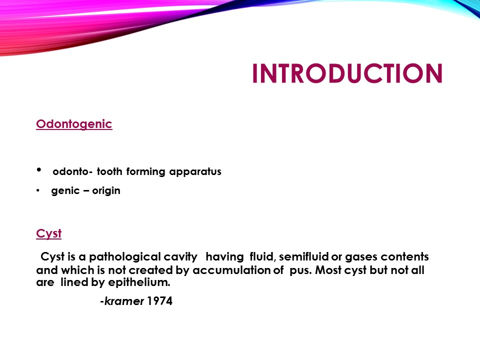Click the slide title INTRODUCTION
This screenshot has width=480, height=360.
click(x=347, y=73)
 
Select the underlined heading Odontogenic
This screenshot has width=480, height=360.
click(x=74, y=124)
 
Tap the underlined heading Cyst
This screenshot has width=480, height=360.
click(x=48, y=233)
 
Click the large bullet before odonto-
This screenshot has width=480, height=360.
click(x=39, y=170)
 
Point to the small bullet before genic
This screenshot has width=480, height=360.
click(x=38, y=191)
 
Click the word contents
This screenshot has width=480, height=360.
click(x=404, y=257)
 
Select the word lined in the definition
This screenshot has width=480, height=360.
click(x=71, y=282)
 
